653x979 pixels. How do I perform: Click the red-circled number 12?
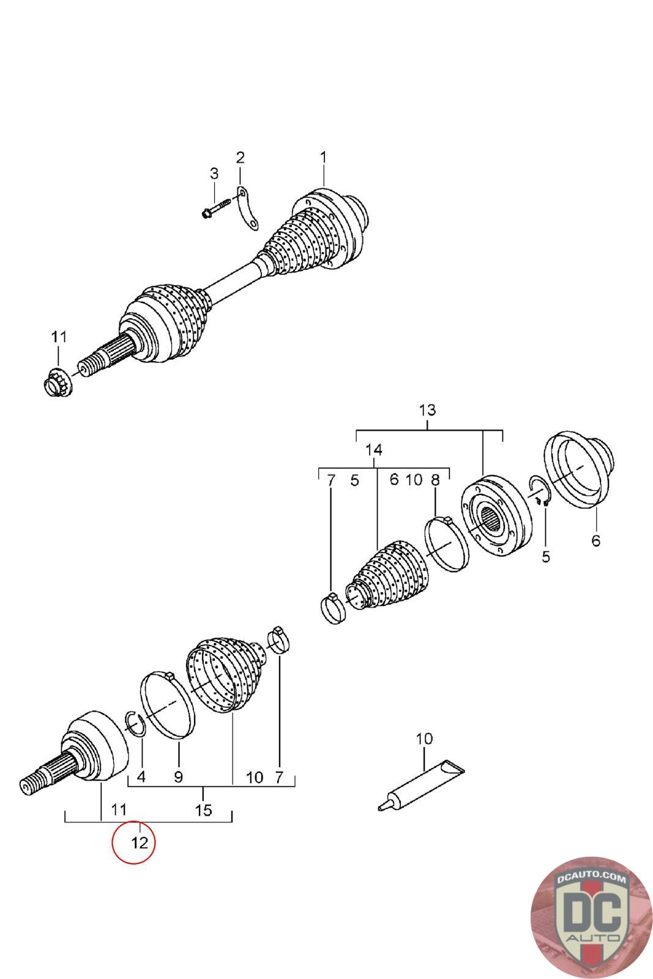click(140, 843)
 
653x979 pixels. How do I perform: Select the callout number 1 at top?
click(323, 157)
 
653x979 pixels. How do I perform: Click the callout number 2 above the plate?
click(240, 158)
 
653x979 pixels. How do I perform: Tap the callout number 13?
click(428, 409)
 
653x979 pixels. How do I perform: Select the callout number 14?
click(374, 450)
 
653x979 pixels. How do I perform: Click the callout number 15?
click(203, 811)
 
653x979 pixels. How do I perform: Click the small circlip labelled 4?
click(135, 722)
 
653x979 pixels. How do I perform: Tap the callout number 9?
click(178, 777)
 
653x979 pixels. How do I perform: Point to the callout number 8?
click(435, 480)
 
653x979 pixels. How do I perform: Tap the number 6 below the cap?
click(595, 540)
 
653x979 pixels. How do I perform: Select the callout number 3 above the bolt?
click(214, 174)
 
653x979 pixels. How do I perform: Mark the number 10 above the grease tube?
click(424, 739)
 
